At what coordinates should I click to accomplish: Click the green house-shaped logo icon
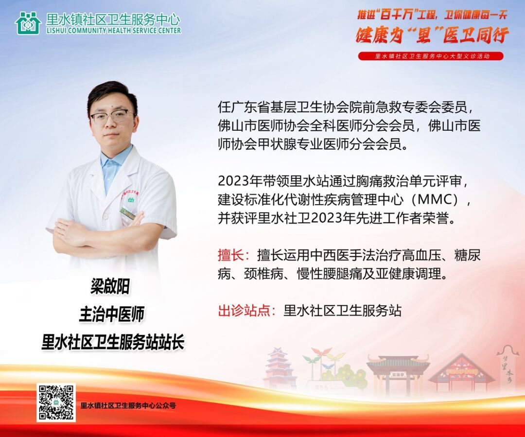click(28, 23)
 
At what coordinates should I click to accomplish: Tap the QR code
click(56, 402)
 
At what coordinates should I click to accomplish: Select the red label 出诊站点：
click(247, 311)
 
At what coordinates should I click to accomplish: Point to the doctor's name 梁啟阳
click(110, 287)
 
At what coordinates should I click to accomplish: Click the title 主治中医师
click(111, 314)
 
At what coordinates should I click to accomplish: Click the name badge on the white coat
click(127, 213)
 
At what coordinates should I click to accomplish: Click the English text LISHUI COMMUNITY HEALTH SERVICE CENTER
click(114, 31)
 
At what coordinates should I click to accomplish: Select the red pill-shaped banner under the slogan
click(431, 56)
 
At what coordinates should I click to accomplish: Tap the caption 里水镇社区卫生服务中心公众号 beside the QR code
click(128, 405)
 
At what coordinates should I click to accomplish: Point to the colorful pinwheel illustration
click(323, 362)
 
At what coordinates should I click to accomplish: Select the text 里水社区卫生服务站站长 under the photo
click(113, 342)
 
